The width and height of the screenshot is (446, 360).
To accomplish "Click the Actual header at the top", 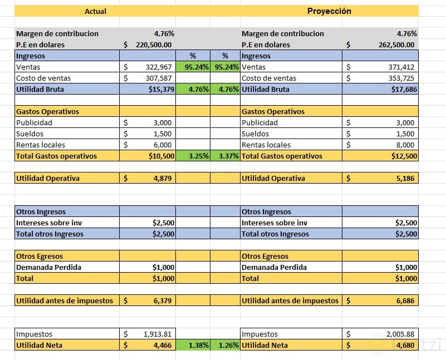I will click(x=95, y=11).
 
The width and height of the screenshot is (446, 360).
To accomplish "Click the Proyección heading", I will click(x=329, y=11).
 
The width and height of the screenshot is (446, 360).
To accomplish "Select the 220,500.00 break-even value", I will click(x=153, y=45).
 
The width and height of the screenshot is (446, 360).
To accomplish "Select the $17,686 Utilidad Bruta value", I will click(x=403, y=89).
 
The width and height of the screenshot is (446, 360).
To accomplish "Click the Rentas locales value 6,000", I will click(x=162, y=145).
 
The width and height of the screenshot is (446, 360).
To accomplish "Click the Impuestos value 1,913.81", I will click(x=158, y=334).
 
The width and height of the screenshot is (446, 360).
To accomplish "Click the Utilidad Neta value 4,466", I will click(x=162, y=345).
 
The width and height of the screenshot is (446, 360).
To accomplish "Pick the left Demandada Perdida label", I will click(x=49, y=267).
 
